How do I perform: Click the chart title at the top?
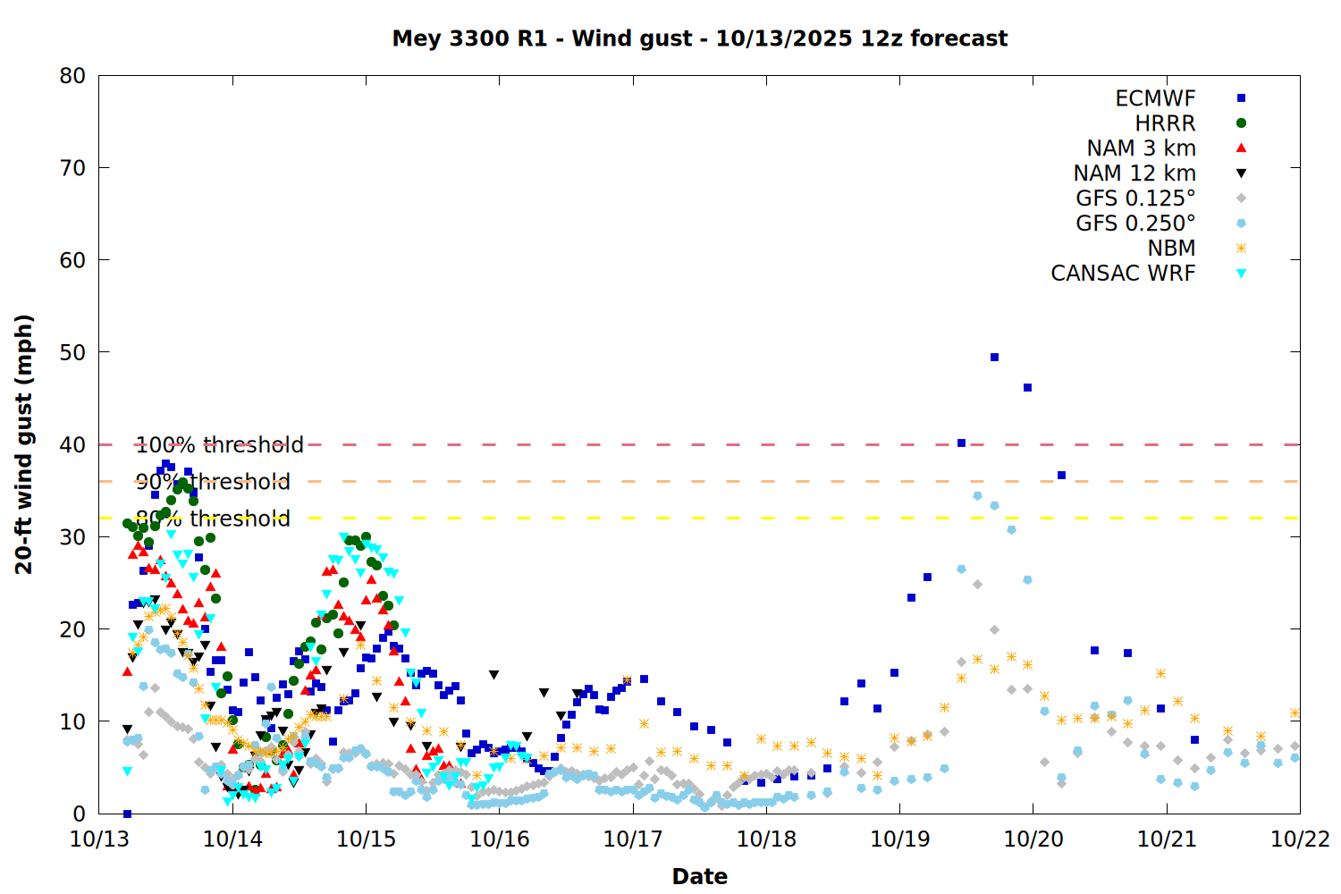click(x=699, y=38)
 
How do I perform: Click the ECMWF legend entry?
click(x=1155, y=98)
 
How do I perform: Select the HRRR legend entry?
click(x=1165, y=123)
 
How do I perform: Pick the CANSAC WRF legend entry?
click(x=1122, y=274)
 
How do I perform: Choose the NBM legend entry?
click(x=1171, y=249)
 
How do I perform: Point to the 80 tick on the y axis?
click(x=72, y=76)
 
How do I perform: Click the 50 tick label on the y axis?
click(x=72, y=352)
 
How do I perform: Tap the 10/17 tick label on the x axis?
click(x=632, y=839)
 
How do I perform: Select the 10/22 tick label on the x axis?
click(x=1300, y=839)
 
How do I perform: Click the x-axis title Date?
click(x=699, y=876)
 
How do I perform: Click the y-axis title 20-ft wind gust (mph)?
click(x=24, y=444)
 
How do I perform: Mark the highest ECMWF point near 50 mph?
click(x=994, y=358)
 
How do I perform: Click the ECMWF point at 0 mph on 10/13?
click(x=127, y=814)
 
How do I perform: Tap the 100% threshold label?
click(x=219, y=445)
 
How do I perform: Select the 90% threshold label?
click(x=213, y=482)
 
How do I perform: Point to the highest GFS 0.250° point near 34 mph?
click(x=977, y=496)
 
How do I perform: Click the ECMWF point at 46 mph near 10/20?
click(x=1027, y=388)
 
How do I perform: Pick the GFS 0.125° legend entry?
click(x=1135, y=198)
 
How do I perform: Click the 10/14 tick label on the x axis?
click(x=232, y=839)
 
